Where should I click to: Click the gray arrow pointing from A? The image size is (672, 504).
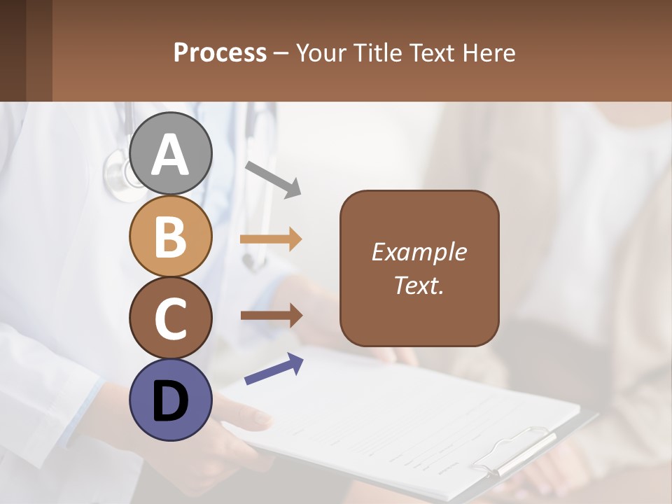click(x=273, y=178)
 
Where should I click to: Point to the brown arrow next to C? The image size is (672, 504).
click(x=271, y=316)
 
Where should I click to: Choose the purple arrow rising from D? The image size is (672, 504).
click(x=274, y=370)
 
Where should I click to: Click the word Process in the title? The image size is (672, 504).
click(x=220, y=52)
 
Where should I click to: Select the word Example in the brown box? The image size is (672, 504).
click(x=419, y=252)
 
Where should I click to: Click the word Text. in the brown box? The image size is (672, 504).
click(x=419, y=285)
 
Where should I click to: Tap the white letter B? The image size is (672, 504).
click(x=171, y=237)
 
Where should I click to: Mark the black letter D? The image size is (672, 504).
click(x=171, y=402)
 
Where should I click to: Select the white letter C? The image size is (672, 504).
click(x=171, y=319)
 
